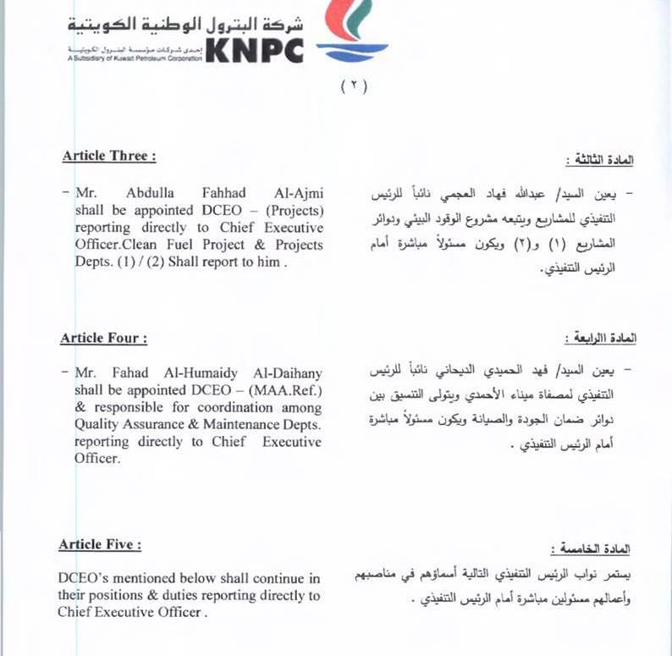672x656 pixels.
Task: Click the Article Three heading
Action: point(108,157)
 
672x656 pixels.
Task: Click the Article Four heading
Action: point(103,339)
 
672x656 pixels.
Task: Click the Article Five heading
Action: point(99,545)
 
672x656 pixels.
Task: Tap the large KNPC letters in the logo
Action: point(254,51)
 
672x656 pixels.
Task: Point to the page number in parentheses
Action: point(354,87)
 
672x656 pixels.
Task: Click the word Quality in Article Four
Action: point(97,425)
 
